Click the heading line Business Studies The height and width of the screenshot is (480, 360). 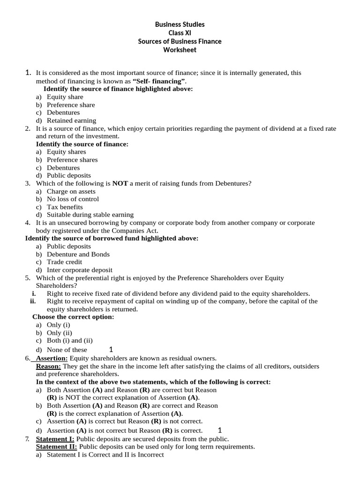click(180, 24)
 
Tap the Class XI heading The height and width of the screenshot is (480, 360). click(180, 33)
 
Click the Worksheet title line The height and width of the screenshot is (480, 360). click(180, 50)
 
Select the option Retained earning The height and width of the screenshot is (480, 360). click(71, 120)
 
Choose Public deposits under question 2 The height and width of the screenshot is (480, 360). click(68, 175)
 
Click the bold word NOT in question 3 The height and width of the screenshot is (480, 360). click(120, 183)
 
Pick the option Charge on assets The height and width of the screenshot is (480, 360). click(71, 191)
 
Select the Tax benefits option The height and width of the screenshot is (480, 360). click(65, 207)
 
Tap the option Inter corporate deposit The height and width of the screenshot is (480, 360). click(79, 270)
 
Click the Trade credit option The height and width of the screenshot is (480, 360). click(64, 262)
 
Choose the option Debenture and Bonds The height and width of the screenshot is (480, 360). click(78, 254)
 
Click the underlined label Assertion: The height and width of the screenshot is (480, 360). click(52, 358)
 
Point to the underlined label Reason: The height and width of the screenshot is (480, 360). click(49, 366)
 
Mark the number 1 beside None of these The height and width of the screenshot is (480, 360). click(111, 349)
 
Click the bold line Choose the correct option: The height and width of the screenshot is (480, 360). click(73, 317)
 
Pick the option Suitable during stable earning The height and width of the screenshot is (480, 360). click(90, 215)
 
